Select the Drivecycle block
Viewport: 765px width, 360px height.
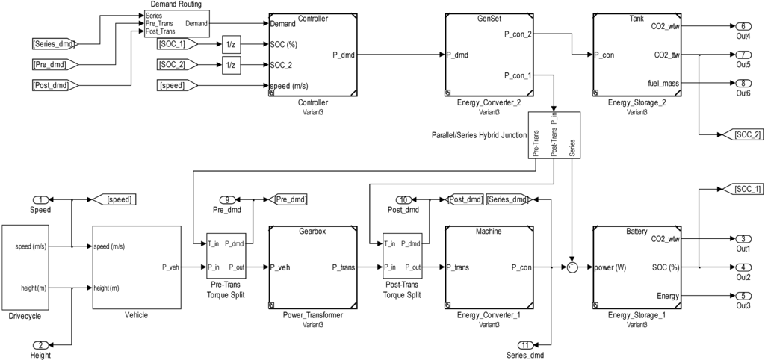tap(25, 267)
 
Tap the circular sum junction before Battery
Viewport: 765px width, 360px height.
tap(572, 267)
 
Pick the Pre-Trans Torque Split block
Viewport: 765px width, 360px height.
tap(226, 255)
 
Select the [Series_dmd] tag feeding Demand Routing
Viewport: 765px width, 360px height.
tap(50, 43)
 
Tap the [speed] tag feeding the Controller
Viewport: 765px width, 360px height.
tap(176, 86)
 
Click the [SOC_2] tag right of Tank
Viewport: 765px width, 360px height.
tap(743, 134)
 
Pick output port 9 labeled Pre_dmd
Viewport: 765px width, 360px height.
tap(229, 199)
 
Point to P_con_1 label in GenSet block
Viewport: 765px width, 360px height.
tap(518, 75)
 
